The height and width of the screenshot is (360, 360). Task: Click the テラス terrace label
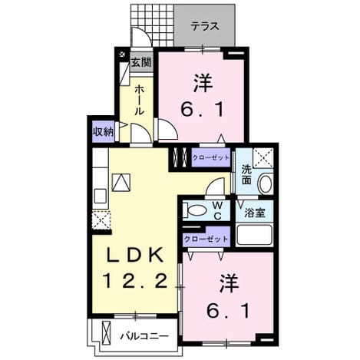(205, 26)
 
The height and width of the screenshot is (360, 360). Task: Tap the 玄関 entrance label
(141, 62)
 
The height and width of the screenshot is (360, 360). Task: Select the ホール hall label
(139, 100)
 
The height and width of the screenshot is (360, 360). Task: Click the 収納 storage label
(103, 131)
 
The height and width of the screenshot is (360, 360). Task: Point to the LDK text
(135, 255)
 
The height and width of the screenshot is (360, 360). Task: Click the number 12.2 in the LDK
(136, 280)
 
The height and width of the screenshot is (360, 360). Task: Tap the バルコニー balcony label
(144, 335)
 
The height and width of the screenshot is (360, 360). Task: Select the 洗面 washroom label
(246, 174)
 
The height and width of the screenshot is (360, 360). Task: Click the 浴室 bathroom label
(254, 213)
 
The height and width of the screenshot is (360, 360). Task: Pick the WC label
(217, 210)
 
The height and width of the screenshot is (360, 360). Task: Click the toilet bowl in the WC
(195, 210)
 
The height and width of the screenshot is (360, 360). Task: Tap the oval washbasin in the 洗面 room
(266, 183)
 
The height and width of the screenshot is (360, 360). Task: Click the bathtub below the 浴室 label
(254, 235)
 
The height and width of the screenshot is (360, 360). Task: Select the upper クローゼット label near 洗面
(211, 157)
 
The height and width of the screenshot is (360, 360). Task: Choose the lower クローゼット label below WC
(206, 239)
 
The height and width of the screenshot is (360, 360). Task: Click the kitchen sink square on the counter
(101, 197)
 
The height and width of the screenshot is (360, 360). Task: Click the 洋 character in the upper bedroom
(203, 83)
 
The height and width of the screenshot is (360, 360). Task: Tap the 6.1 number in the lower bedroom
(228, 310)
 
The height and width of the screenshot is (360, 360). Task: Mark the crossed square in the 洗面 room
(263, 158)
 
